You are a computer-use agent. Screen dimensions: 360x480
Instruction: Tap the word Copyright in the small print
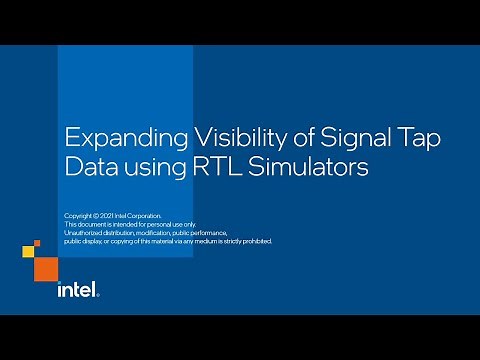79,216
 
